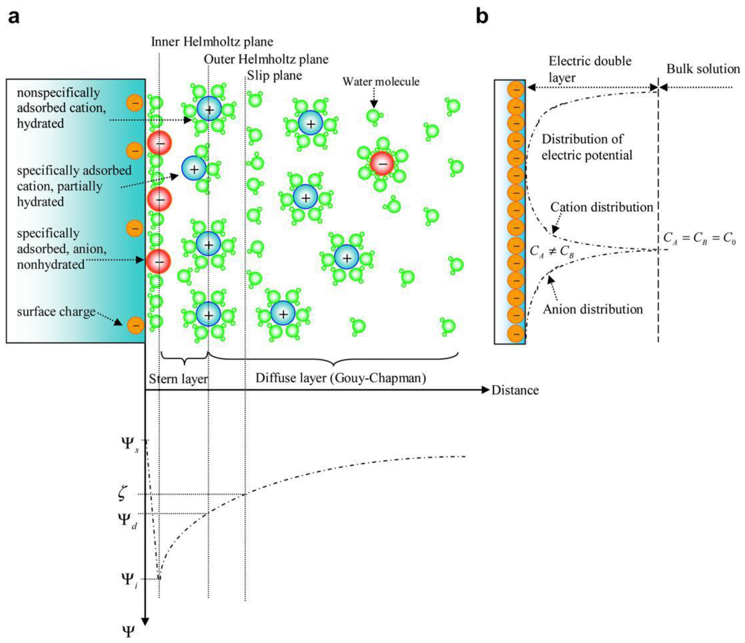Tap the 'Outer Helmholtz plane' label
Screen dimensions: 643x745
click(x=266, y=59)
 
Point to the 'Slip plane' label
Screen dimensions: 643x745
click(x=274, y=76)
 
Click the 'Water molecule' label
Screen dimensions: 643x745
click(x=381, y=82)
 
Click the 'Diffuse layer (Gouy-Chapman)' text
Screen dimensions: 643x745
click(x=340, y=378)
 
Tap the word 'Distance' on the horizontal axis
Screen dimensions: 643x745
click(x=515, y=390)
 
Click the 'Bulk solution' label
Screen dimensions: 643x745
click(x=703, y=69)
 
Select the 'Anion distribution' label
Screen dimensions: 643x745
click(x=592, y=309)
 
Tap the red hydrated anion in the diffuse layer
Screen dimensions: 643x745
click(x=382, y=164)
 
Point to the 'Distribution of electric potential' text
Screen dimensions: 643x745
click(x=587, y=147)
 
